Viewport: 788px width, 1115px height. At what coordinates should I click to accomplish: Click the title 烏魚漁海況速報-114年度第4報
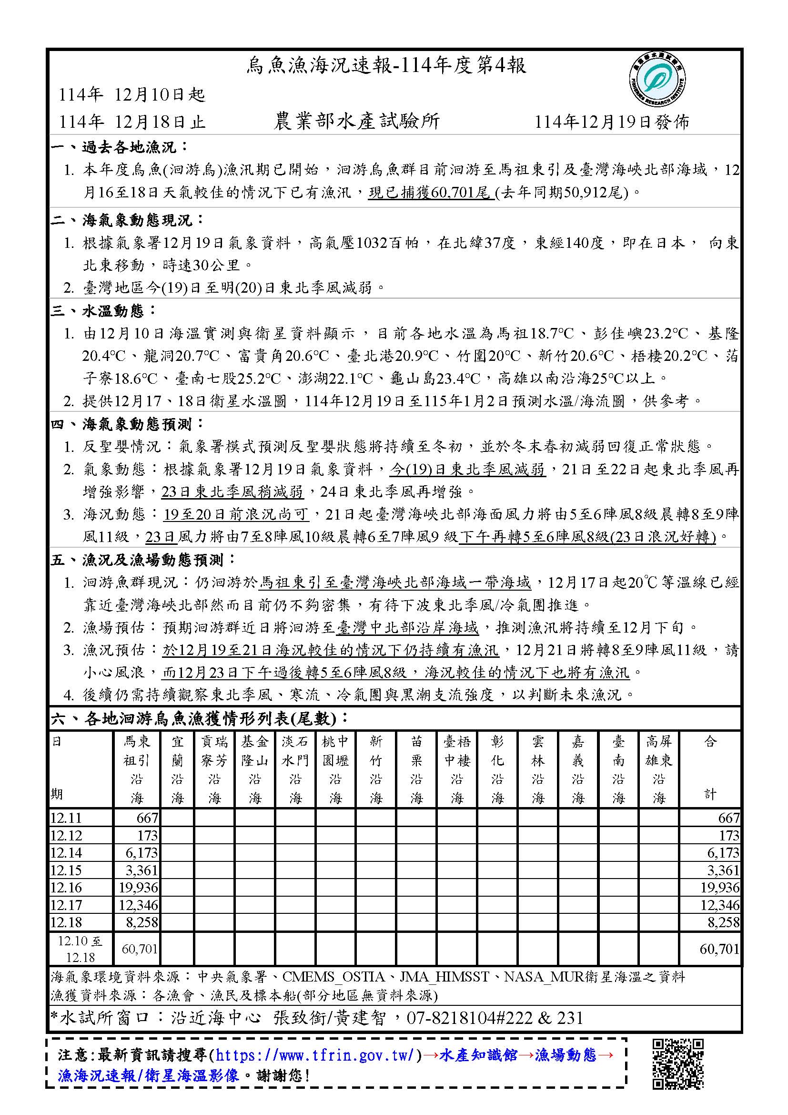[x=386, y=66]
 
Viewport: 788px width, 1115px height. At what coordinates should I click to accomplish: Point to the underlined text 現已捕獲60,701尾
[x=430, y=193]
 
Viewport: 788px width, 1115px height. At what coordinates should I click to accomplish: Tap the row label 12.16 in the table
[x=66, y=887]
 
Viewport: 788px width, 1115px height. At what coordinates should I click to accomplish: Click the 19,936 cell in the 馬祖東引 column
[x=138, y=887]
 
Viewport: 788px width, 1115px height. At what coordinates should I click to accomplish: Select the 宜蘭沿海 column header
[x=177, y=769]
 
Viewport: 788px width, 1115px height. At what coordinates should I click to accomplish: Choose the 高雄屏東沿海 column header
[x=658, y=769]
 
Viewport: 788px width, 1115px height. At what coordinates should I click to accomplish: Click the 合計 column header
[x=710, y=769]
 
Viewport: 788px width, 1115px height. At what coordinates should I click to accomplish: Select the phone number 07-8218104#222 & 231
[x=495, y=1018]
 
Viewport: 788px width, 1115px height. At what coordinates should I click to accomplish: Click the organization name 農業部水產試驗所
[x=357, y=122]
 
